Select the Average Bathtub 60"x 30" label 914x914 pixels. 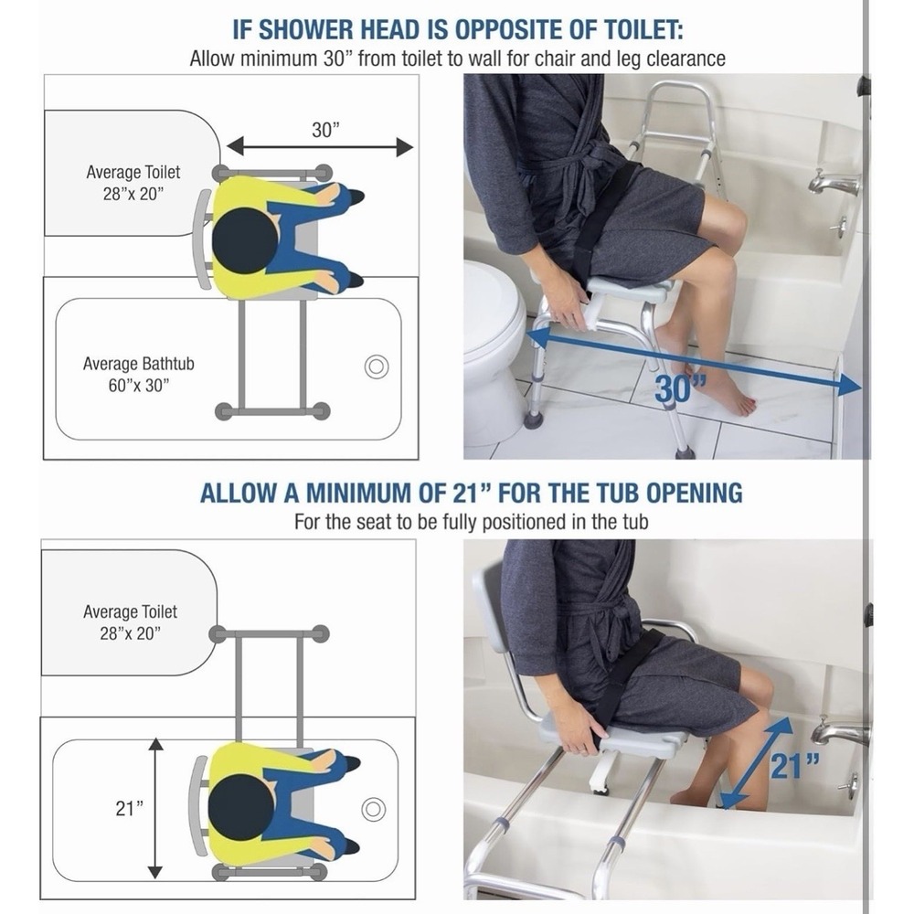point(139,374)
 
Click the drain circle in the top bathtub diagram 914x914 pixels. point(376,367)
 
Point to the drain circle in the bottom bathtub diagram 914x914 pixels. point(373,809)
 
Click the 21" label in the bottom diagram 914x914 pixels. point(130,809)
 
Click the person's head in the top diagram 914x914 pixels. point(244,239)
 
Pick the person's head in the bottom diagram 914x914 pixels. point(240,806)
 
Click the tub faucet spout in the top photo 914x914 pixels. point(833,186)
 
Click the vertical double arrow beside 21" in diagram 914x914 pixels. point(155,809)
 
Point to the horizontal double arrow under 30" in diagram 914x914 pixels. point(319,147)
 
